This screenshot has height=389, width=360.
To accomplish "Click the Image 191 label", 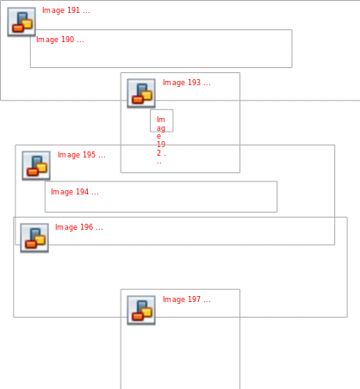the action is pos(66,10).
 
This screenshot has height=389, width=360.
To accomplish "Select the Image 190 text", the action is pos(60,40).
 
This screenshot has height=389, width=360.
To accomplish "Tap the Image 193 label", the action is pos(187,83).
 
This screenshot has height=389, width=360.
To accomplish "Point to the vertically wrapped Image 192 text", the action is pos(161,139).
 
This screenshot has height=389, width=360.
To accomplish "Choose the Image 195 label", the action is pos(82,155).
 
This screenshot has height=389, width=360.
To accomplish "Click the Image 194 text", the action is pos(75,192).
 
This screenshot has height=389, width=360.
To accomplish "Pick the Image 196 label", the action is pos(79,227).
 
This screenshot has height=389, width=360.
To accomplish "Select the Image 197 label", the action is pos(187,299).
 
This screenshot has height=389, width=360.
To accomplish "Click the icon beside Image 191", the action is pos(22,22).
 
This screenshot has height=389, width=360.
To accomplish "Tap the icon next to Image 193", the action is pos(141,93).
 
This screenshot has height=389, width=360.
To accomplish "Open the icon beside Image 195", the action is pos(36,165).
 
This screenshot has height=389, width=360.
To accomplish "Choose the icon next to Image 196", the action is pos(34,238).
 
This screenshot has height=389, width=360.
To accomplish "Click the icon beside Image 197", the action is pos(141,310).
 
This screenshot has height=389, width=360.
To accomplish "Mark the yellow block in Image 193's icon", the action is pos(147,96).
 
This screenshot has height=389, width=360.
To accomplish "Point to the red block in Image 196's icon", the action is pos(30,244).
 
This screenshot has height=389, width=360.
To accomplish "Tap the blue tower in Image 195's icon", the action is pos(36,161).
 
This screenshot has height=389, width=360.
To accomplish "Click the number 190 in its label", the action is pos(68,40).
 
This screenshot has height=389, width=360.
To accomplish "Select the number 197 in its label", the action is pos(195,299).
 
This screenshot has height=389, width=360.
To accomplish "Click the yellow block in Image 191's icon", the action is pos(28,24).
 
